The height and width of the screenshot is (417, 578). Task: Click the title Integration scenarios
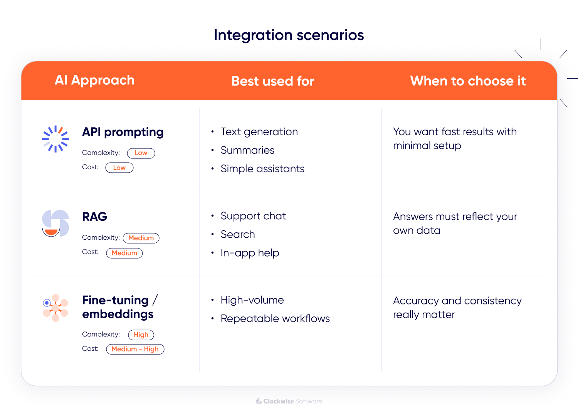pos(289,35)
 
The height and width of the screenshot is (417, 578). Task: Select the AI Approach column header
pos(94,80)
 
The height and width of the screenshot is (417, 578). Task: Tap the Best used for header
pos(273,81)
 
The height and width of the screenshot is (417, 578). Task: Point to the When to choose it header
pos(468,81)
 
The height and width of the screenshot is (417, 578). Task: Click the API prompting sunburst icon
pos(55,139)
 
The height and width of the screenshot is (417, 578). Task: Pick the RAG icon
pos(55,224)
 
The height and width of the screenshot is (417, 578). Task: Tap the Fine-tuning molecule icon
pos(55,308)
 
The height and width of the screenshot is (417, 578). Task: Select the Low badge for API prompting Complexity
pos(141,153)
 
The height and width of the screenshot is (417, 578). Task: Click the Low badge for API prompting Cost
pos(119,168)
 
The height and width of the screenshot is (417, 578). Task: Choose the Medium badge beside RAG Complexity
pos(141,238)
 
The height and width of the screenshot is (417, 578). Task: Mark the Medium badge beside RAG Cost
pos(124,253)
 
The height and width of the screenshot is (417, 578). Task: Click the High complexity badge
pos(141,335)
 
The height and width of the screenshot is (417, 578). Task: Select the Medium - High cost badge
pos(135,349)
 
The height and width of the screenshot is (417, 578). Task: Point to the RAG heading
pos(95,217)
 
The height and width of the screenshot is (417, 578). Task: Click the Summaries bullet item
pos(247,150)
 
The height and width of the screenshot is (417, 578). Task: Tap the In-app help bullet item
pos(250,253)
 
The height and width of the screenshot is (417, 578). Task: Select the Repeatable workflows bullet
pos(275,319)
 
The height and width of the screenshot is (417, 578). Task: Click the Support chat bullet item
pos(253,216)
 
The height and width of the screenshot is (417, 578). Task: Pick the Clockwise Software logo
pos(289,401)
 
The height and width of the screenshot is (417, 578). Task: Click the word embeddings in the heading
pos(118,314)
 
